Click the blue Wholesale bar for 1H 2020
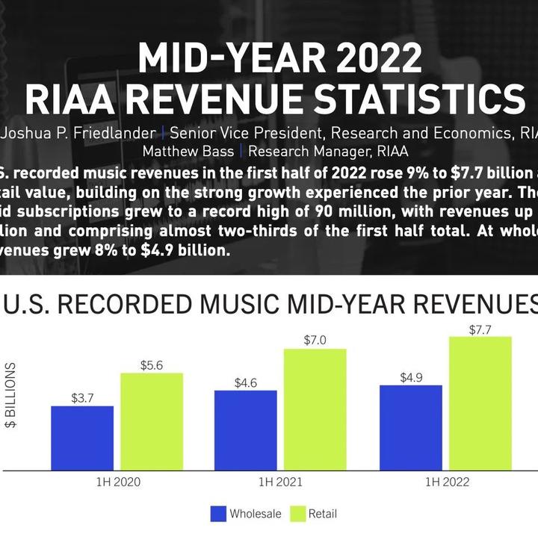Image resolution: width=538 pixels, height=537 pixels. click(82, 438)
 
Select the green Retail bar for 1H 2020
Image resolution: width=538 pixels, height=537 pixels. click(152, 422)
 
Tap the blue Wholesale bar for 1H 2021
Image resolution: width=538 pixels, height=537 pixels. click(245, 430)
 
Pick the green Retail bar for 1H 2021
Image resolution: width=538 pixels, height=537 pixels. click(315, 410)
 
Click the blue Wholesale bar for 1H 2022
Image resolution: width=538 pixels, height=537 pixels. click(410, 428)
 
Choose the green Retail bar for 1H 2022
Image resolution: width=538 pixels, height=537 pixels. click(480, 404)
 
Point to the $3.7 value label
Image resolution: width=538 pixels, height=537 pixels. click(82, 399)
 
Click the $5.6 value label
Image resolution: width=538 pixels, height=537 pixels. click(152, 365)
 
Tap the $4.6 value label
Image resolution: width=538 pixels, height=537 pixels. click(245, 382)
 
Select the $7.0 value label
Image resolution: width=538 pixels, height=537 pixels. click(315, 341)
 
